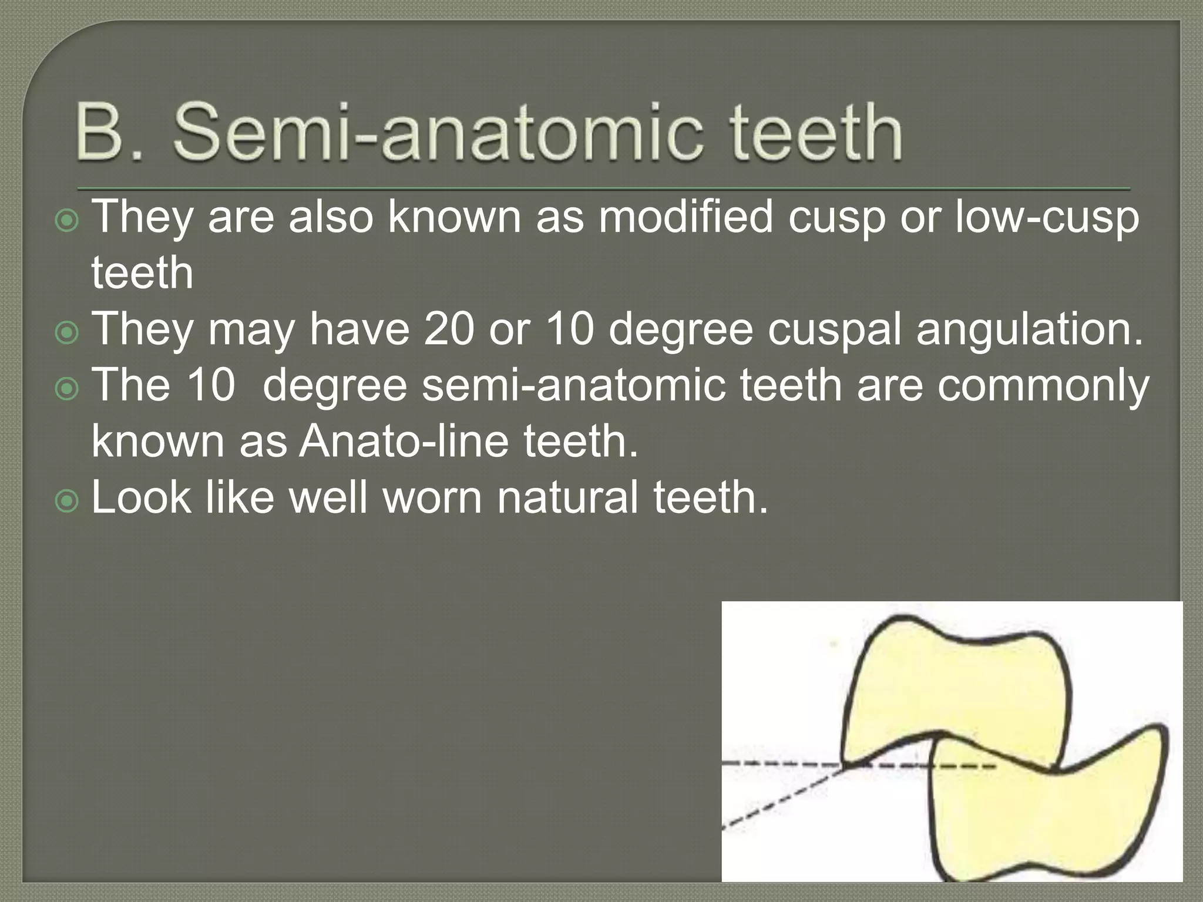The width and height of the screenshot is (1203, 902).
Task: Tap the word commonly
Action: tap(1043, 386)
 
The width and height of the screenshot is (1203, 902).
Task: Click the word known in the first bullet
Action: tap(455, 217)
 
